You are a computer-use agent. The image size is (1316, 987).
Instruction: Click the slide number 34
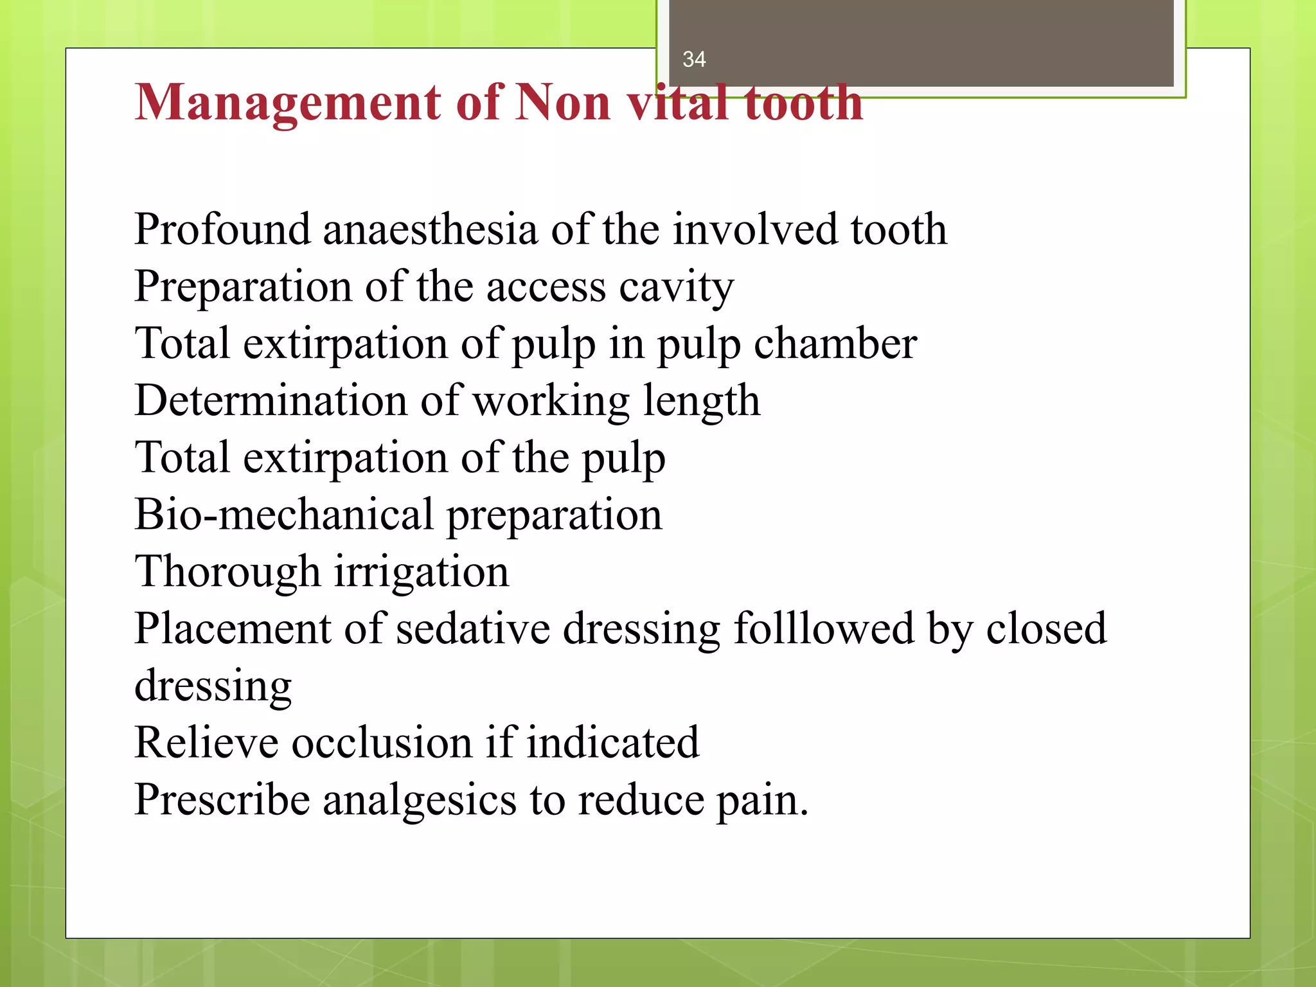[694, 60]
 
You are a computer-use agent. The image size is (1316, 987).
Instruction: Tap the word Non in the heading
[562, 103]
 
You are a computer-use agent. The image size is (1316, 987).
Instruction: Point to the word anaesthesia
[430, 229]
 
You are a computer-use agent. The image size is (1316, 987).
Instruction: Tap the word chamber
[835, 344]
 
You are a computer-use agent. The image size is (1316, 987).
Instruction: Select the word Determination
[271, 401]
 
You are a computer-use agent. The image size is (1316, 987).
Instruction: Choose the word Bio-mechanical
[283, 515]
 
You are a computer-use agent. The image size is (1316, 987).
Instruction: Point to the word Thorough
[227, 572]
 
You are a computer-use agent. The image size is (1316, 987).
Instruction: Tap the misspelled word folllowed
[823, 628]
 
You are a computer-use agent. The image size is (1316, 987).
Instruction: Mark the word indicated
[612, 743]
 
